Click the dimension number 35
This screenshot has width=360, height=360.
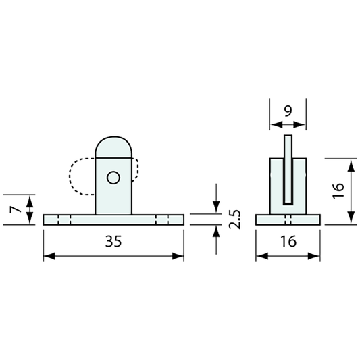click(113, 243)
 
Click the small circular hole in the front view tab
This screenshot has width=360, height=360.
click(113, 178)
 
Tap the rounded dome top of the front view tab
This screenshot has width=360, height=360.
click(113, 145)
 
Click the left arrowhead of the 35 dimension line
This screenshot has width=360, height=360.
click(47, 257)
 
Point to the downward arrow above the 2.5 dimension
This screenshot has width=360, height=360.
click(216, 205)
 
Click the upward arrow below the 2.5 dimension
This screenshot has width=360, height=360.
click(216, 232)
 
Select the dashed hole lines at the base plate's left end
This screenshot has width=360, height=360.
click(64, 220)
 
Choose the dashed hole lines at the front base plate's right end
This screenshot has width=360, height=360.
click(162, 220)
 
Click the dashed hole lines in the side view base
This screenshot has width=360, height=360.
click(288, 220)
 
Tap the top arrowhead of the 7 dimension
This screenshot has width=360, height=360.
click(29, 201)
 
